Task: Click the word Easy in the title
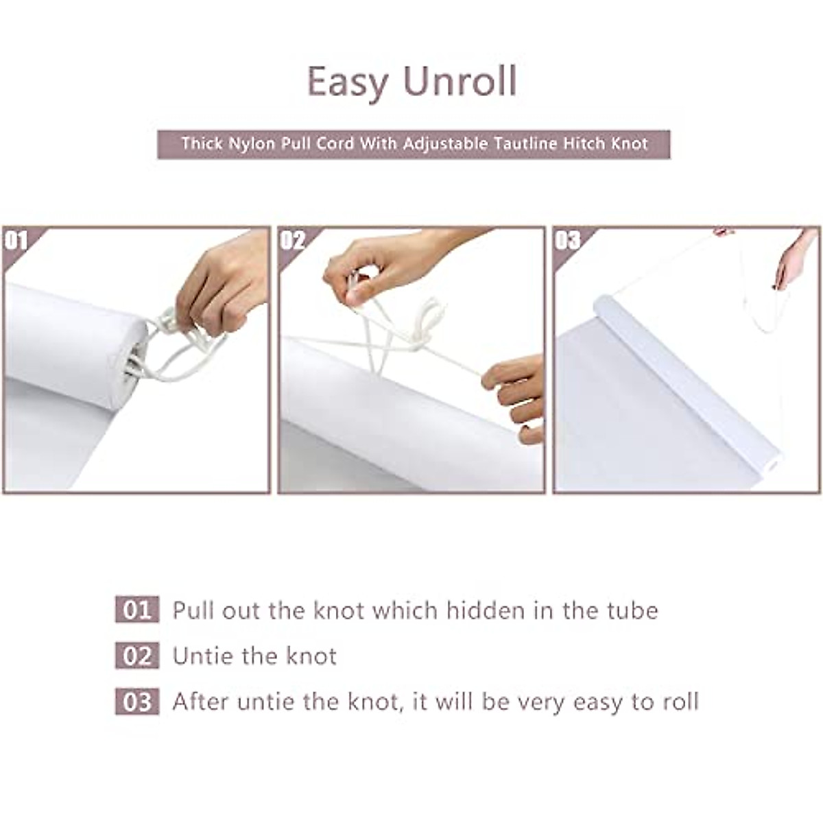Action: [347, 82]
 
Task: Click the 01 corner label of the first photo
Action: [16, 240]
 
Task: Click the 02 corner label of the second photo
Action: [292, 240]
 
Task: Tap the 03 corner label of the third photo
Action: [567, 240]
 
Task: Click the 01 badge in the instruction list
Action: [136, 610]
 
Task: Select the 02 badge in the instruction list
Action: [136, 656]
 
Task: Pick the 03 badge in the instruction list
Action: [136, 702]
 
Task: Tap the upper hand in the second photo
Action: [384, 264]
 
